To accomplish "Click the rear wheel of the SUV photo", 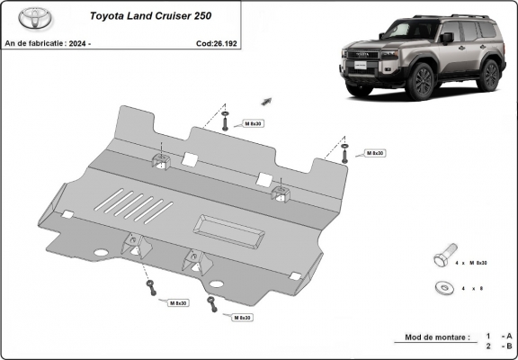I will (488, 75).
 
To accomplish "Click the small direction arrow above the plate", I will (267, 101).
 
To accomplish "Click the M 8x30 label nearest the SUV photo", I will (375, 154).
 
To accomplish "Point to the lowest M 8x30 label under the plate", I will (241, 318).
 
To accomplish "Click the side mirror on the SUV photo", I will (447, 38).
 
